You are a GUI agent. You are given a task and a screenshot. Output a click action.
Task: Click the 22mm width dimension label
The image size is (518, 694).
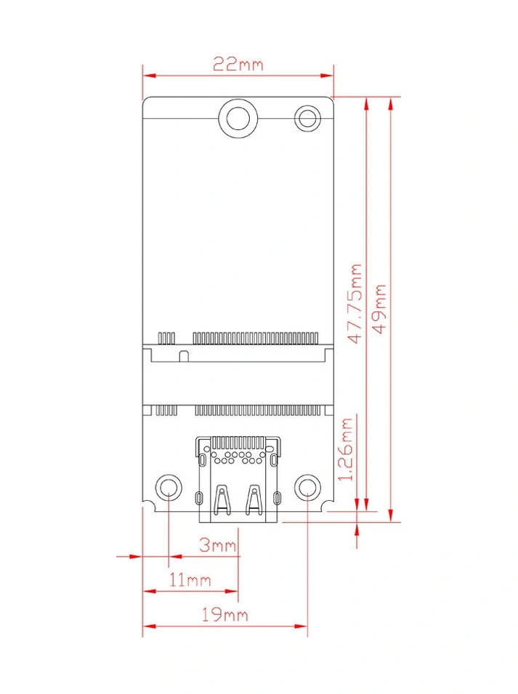(238, 64)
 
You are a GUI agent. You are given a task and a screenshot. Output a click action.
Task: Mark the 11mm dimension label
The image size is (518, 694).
(190, 579)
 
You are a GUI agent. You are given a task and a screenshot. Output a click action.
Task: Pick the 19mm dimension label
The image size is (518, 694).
(225, 615)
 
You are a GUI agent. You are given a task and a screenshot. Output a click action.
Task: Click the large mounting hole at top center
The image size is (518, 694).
(238, 117)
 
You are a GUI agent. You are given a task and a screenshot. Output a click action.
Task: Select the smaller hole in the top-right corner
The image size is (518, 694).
(308, 118)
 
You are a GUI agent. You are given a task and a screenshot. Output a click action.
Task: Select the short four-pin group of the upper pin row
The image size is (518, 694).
(167, 338)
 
